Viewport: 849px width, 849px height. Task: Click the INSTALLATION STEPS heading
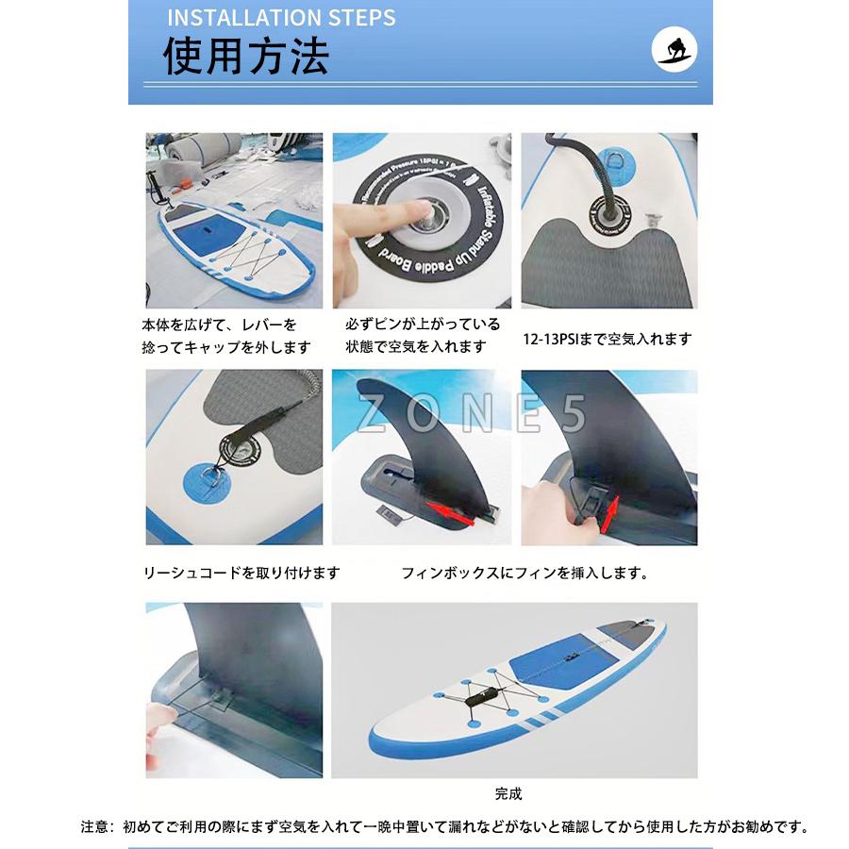(280, 17)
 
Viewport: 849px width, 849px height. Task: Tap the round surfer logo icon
(675, 50)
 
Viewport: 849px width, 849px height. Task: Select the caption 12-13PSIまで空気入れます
(607, 339)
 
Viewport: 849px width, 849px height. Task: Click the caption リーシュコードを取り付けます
(241, 573)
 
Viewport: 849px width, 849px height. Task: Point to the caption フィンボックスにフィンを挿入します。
(524, 573)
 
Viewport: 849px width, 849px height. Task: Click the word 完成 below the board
(508, 793)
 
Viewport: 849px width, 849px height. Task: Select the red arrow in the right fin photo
(609, 513)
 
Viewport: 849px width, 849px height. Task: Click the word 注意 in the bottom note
(96, 828)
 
